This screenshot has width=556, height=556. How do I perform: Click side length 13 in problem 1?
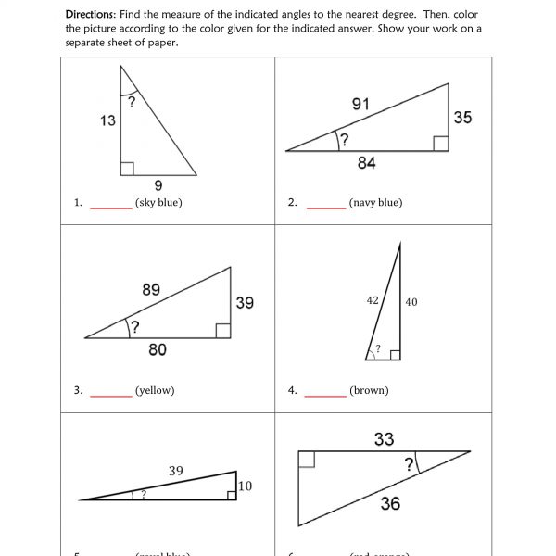(x=107, y=120)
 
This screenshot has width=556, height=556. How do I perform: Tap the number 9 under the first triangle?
(x=158, y=184)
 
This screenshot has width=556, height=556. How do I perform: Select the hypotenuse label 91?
(x=360, y=105)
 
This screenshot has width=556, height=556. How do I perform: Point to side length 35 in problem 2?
(x=462, y=118)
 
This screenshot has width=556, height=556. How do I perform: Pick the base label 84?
(x=366, y=163)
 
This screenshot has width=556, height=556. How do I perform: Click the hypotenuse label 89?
(x=151, y=290)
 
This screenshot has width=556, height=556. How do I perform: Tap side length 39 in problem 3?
(x=245, y=303)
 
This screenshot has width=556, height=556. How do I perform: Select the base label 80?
(x=157, y=350)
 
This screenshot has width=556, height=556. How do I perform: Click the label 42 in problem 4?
(x=373, y=300)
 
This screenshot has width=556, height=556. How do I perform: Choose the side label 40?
(x=411, y=302)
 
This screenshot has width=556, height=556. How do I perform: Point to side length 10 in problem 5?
(x=245, y=486)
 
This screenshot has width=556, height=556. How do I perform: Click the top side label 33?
(x=384, y=439)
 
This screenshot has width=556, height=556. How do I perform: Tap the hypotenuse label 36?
(x=391, y=503)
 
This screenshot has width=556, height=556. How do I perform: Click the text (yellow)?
(x=155, y=390)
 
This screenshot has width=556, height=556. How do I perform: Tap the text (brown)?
(x=369, y=390)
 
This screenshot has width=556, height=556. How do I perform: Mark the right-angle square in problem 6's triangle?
(x=307, y=459)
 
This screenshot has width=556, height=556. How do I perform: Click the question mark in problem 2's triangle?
(x=344, y=140)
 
